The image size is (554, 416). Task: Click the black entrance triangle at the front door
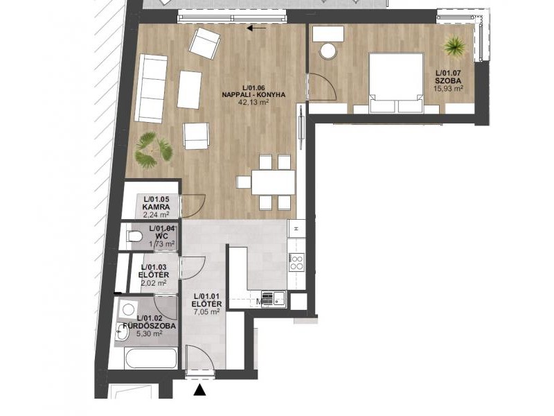pyautogui.click(x=200, y=390)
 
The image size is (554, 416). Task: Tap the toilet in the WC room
pyautogui.click(x=134, y=236)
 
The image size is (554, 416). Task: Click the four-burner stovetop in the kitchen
pyautogui.click(x=296, y=262)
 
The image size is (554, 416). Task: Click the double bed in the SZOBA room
pyautogui.click(x=396, y=83)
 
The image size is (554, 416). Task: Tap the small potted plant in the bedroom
pyautogui.click(x=455, y=45)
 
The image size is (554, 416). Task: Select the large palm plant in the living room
pyautogui.click(x=153, y=150)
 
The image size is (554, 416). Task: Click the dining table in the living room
pyautogui.click(x=273, y=182)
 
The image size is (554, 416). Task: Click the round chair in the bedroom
pyautogui.click(x=328, y=51)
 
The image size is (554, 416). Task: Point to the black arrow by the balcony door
pyautogui.click(x=256, y=28)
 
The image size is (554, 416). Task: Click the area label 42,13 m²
pyautogui.click(x=253, y=102)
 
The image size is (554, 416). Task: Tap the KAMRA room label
pyautogui.click(x=156, y=207)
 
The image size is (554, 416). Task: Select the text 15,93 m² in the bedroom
pyautogui.click(x=448, y=88)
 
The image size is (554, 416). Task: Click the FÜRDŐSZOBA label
pyautogui.click(x=149, y=326)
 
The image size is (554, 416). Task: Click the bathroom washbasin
pyautogui.click(x=123, y=333)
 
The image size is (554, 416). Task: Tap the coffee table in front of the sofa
pyautogui.click(x=189, y=89)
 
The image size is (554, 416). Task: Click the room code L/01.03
pyautogui.click(x=154, y=267)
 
